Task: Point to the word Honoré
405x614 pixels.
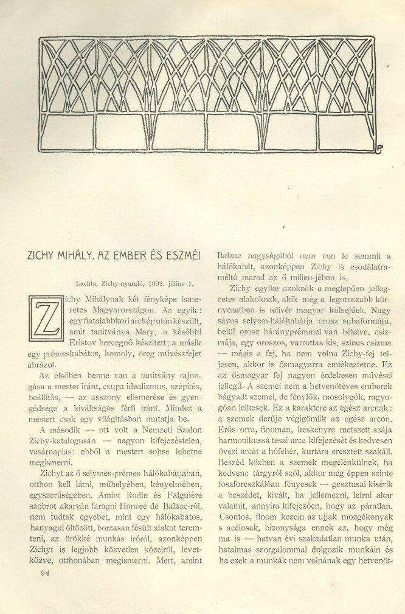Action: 122,488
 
